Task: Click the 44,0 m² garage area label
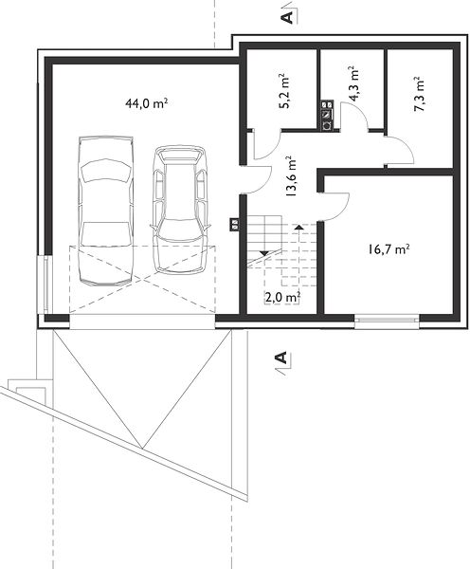146,103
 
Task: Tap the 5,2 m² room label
284,91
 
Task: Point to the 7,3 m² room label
419,94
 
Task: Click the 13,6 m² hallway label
291,176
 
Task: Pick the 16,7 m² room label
389,249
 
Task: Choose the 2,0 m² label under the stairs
282,298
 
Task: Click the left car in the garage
105,211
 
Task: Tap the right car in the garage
179,210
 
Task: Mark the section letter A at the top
287,17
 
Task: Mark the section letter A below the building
281,358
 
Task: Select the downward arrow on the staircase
264,253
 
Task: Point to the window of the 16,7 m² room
387,320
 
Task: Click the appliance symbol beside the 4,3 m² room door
327,116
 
